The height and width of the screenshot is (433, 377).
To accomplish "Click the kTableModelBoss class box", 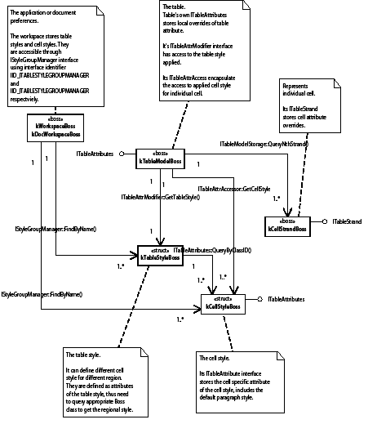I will (160, 158).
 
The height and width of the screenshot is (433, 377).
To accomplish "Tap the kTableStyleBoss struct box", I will (160, 254).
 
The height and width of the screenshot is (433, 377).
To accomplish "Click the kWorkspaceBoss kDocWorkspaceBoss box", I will (55, 129).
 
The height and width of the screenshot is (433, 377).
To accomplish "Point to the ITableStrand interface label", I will (347, 221).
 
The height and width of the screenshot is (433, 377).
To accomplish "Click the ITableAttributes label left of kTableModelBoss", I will (95, 152).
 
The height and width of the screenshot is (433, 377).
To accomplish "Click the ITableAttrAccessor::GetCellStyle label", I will (230, 189).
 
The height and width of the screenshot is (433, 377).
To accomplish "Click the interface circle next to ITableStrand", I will (325, 221).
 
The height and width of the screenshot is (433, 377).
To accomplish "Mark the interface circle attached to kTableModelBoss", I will (122, 153).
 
